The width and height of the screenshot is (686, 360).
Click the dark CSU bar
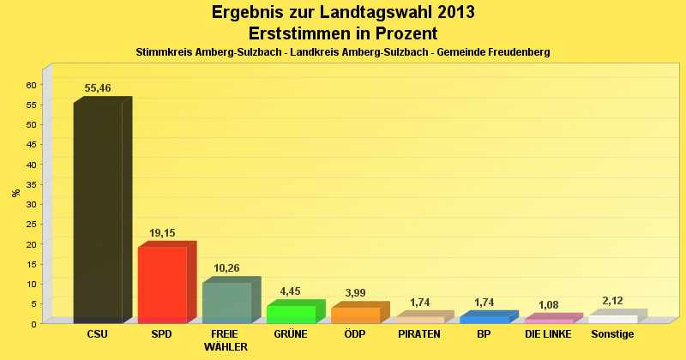tap(98, 212)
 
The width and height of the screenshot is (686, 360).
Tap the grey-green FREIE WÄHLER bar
tap(226, 302)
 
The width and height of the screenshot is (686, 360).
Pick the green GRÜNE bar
tap(292, 314)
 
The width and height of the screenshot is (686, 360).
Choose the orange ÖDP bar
tap(355, 315)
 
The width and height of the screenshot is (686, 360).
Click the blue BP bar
tap(484, 319)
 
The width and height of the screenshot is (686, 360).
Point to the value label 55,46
tap(98, 88)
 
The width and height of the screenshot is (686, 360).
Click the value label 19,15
tap(162, 232)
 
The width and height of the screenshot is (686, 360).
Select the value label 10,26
tap(226, 268)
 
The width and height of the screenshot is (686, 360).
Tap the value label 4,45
tap(292, 291)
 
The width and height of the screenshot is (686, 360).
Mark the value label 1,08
tap(548, 305)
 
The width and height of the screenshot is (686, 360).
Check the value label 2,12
tap(613, 301)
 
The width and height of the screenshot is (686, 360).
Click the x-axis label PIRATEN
tap(419, 334)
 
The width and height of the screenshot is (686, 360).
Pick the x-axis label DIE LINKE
tap(548, 334)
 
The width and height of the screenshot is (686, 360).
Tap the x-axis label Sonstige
tap(613, 334)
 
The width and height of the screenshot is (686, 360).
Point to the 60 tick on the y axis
tap(31, 85)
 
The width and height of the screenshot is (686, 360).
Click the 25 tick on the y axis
tap(31, 225)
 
